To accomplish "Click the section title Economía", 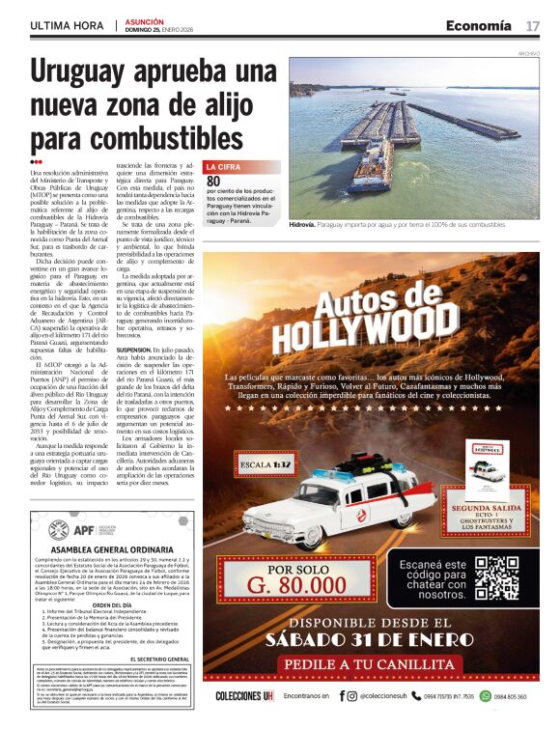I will coord(478,25).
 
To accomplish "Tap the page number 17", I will coord(532,25).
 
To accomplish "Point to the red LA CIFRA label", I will coord(223,167).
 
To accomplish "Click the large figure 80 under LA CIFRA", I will coord(213,181).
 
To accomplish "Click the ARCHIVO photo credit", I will coord(528,53).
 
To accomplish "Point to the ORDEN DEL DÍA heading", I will coord(111,605).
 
